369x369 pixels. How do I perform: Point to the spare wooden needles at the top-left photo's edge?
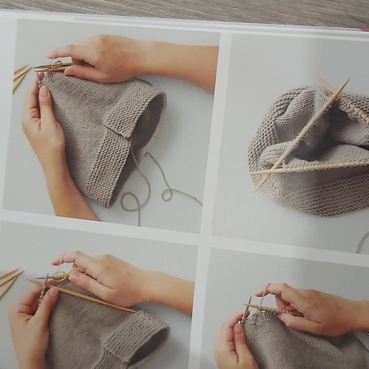[x=20, y=76]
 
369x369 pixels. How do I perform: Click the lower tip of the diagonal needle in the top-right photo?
[x=260, y=187]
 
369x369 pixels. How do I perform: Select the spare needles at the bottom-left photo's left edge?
[x=10, y=281]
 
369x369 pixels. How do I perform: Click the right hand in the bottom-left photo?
[x=105, y=277]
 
